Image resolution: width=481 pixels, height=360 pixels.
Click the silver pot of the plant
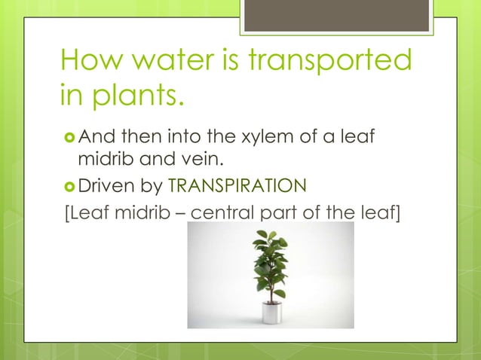(x=270, y=312)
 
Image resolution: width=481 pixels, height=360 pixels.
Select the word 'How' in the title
(x=85, y=62)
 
